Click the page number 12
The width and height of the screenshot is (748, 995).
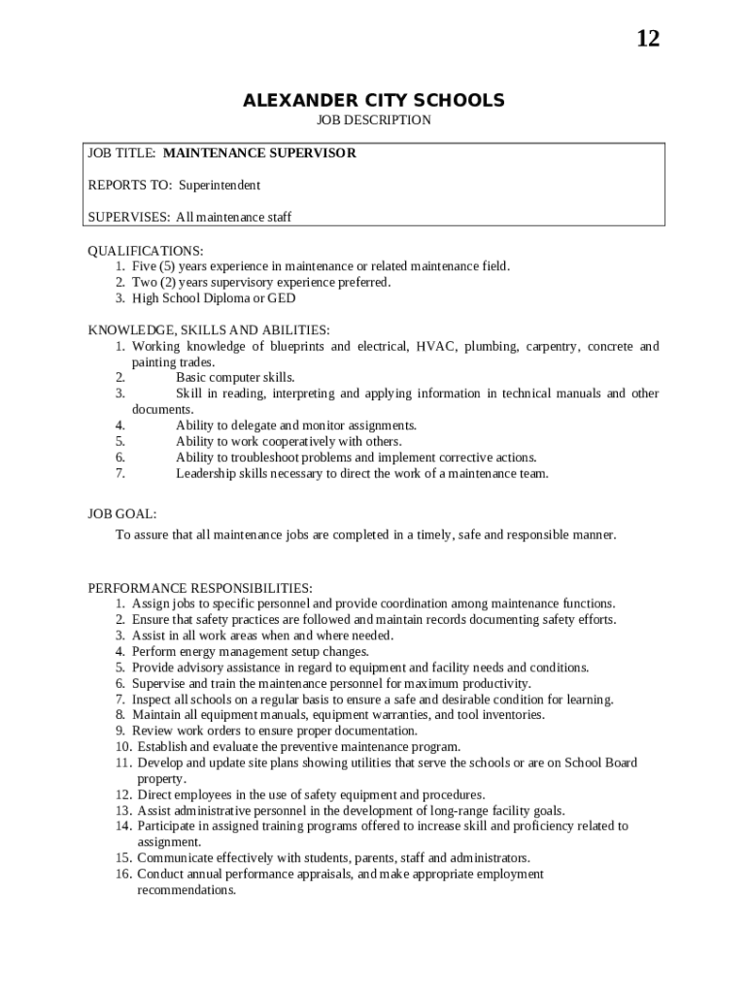[648, 39]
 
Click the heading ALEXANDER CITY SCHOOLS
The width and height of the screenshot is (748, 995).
[374, 100]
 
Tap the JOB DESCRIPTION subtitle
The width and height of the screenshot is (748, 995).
[374, 120]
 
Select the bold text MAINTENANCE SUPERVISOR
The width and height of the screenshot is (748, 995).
[259, 153]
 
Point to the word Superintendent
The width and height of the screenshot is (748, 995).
[220, 185]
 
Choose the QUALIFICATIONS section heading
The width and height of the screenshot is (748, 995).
[146, 251]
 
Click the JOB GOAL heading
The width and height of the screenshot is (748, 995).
[122, 513]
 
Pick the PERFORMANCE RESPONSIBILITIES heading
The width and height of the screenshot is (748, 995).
[200, 588]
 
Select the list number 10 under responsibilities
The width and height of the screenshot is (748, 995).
[123, 746]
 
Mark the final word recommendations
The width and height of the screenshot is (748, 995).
[187, 890]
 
